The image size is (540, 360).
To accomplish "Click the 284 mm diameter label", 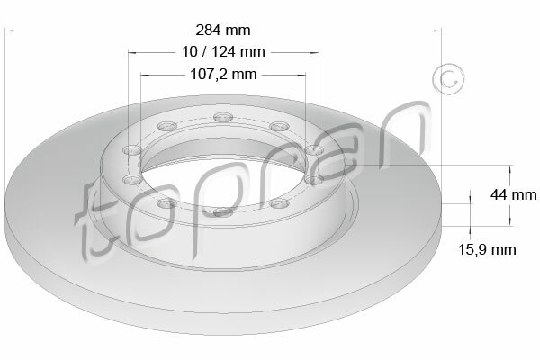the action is pyautogui.click(x=223, y=31).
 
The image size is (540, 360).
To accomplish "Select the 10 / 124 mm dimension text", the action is pyautogui.click(x=223, y=52).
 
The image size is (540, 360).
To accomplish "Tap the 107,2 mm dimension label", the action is pyautogui.click(x=223, y=74).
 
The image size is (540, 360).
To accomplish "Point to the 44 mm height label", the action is pyautogui.click(x=514, y=195).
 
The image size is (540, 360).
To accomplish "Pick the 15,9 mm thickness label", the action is pyautogui.click(x=487, y=249).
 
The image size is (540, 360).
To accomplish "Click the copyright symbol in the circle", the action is pyautogui.click(x=448, y=79).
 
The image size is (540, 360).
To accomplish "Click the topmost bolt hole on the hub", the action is pyautogui.click(x=223, y=117).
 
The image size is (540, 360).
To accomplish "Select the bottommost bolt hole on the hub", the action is pyautogui.click(x=223, y=211).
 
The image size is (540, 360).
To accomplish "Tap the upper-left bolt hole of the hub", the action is pyautogui.click(x=167, y=126).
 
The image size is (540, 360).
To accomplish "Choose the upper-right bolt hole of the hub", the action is pyautogui.click(x=280, y=126).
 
